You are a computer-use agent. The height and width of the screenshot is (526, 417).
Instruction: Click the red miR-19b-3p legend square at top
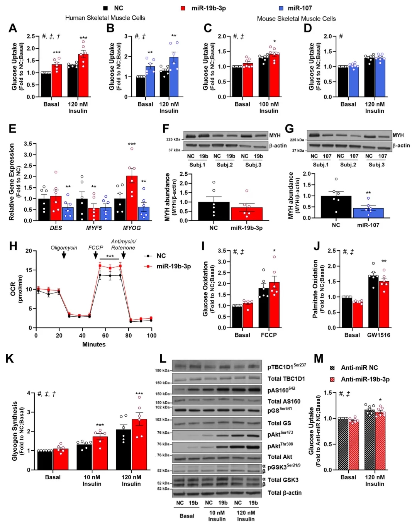point(183,8)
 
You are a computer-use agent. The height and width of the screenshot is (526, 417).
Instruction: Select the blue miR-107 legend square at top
point(281,8)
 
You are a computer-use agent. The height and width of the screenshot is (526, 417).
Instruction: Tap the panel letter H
point(13,246)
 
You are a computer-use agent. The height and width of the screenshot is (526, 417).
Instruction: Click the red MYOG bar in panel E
point(132,198)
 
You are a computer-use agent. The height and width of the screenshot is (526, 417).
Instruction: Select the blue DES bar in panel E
point(68,214)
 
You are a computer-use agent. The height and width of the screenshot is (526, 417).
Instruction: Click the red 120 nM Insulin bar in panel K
point(139,444)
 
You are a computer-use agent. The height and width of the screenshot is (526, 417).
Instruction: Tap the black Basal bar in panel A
point(46,85)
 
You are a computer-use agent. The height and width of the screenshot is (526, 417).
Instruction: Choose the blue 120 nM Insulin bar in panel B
point(174,77)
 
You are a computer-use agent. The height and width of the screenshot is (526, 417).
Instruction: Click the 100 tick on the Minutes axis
point(152,335)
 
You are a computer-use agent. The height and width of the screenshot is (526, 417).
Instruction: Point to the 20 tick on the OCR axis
point(29,251)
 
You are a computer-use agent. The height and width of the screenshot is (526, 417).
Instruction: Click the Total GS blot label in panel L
point(279,423)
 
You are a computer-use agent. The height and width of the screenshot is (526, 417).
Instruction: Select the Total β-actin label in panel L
point(285,493)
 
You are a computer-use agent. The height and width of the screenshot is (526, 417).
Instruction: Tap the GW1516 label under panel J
point(378,335)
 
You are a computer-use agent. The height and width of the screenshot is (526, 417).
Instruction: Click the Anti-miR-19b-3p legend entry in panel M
point(365,379)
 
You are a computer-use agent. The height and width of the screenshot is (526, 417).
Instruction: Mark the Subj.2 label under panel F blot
point(225,165)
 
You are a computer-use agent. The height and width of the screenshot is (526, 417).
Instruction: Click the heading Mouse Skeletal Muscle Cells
point(296,19)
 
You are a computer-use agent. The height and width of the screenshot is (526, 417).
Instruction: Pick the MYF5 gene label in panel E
point(94,228)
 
